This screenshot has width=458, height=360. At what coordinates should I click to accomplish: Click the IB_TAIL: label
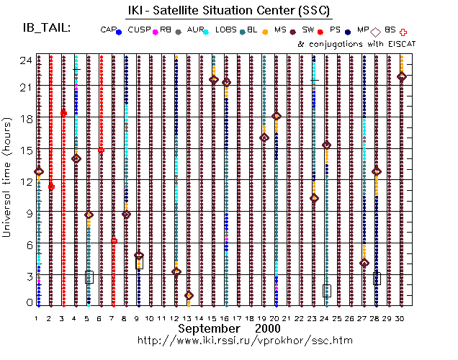click(x=47, y=27)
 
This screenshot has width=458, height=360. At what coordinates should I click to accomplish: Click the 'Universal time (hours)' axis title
click(x=9, y=180)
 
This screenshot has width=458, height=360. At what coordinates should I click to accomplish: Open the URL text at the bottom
click(x=245, y=340)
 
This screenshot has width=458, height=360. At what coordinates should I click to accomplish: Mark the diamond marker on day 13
click(x=189, y=295)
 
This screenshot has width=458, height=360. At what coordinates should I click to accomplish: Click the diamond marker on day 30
click(x=402, y=76)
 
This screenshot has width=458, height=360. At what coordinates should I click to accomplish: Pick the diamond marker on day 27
click(x=364, y=263)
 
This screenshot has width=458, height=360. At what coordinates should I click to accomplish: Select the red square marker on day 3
click(x=63, y=113)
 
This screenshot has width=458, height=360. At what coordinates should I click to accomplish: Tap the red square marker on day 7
click(x=114, y=240)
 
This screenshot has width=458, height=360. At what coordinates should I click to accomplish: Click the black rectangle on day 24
click(x=327, y=290)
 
